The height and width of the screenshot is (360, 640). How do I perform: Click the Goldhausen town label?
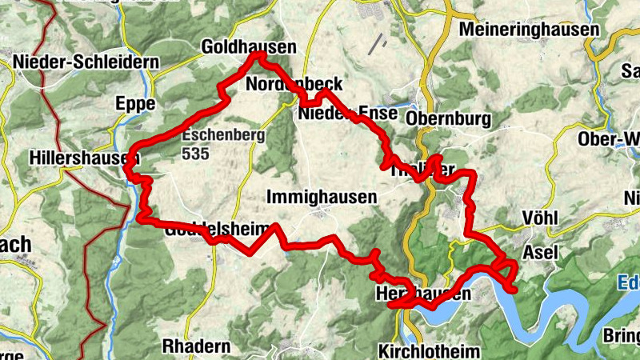[x=249, y=46]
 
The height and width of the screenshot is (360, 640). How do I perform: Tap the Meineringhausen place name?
[x=530, y=30]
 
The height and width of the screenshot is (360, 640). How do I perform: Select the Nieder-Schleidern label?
[x=74, y=62]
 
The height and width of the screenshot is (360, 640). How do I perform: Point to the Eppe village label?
[x=134, y=103]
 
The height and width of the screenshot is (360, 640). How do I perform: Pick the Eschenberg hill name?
[x=223, y=136]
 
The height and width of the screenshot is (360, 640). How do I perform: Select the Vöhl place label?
[x=538, y=218]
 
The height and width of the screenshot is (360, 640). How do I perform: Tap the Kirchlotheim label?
[x=429, y=350]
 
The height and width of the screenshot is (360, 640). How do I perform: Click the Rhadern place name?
[x=196, y=346]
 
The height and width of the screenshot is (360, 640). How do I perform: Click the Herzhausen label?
[x=422, y=294]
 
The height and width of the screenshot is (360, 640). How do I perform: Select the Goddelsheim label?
[x=218, y=230]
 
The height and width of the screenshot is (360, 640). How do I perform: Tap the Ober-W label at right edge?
[x=609, y=139]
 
